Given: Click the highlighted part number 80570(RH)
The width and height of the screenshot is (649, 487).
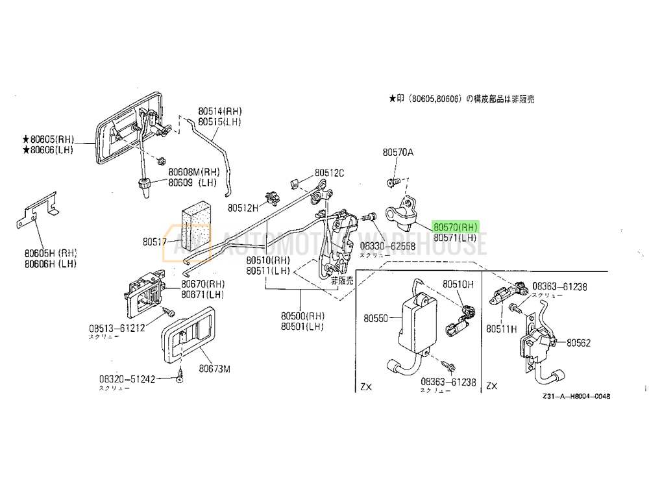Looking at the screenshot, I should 456,227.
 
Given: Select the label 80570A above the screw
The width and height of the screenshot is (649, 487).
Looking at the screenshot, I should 398,153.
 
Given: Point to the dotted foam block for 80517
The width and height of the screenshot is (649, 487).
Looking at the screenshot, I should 195,227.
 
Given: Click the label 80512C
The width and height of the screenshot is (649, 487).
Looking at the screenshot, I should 330,173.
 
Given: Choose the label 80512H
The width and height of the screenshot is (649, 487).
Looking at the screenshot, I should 243,208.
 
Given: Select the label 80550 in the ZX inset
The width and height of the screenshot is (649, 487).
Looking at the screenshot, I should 376,319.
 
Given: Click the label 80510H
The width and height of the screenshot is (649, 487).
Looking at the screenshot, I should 458,284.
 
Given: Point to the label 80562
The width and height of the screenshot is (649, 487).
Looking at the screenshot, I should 579,342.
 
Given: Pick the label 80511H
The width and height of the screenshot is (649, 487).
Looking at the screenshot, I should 502,329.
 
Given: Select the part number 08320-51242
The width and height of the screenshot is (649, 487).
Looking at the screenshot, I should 127,379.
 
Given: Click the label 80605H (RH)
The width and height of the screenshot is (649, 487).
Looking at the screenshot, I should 51,254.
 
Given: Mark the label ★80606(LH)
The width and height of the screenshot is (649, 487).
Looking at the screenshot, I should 49,150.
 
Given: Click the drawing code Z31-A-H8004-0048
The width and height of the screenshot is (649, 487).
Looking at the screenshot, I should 577,396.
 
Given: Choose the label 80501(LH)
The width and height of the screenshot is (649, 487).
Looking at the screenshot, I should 302,326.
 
